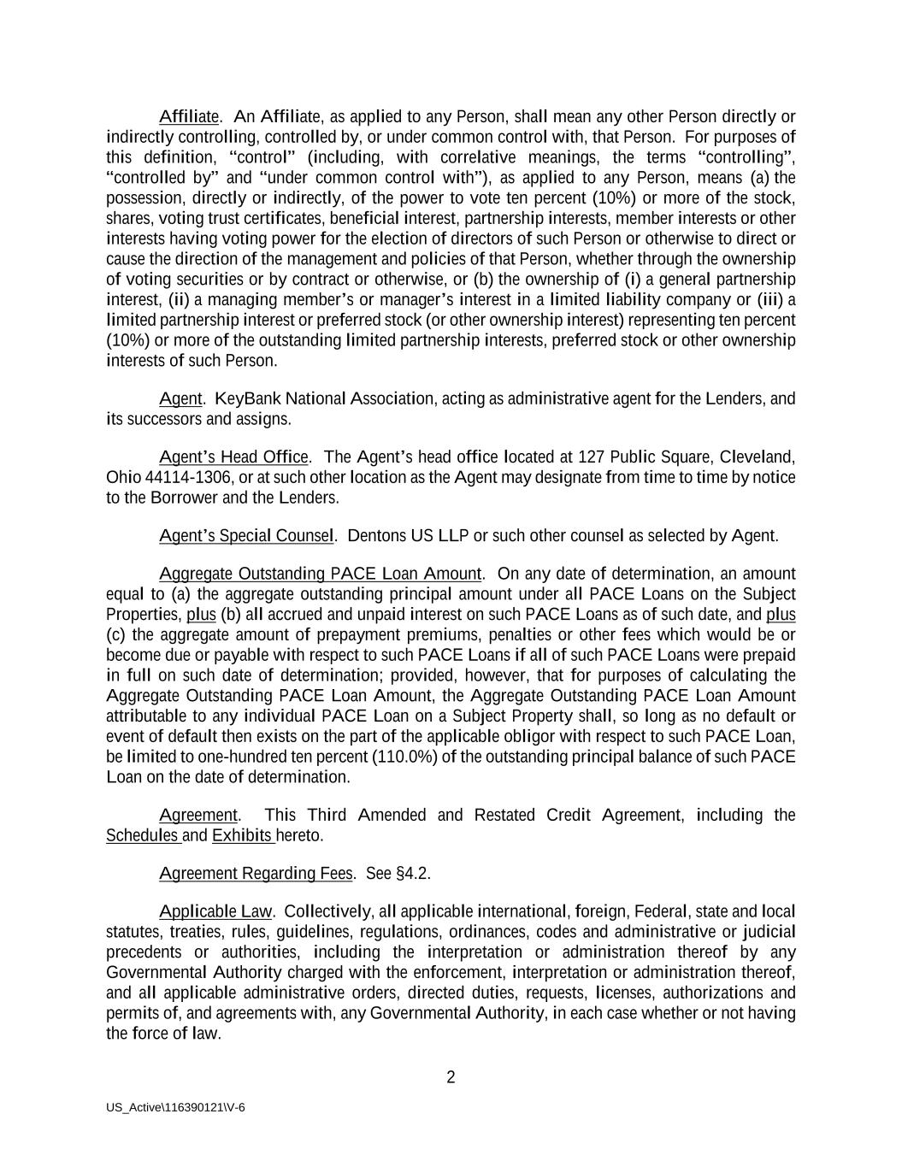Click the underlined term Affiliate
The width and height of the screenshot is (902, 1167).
tap(190, 116)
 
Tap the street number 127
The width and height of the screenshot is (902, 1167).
tap(592, 457)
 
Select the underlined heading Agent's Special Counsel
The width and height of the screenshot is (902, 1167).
tap(246, 536)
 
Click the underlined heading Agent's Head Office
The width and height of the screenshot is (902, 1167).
tap(233, 457)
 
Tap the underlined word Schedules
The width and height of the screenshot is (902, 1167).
tap(142, 835)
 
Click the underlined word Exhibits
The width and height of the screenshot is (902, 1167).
tap(242, 835)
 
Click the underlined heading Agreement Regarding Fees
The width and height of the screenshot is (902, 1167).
tap(256, 873)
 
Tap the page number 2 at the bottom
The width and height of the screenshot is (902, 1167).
tap(451, 1077)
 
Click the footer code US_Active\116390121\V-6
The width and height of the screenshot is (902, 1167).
tap(176, 1107)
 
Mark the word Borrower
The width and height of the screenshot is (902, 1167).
tap(183, 498)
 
